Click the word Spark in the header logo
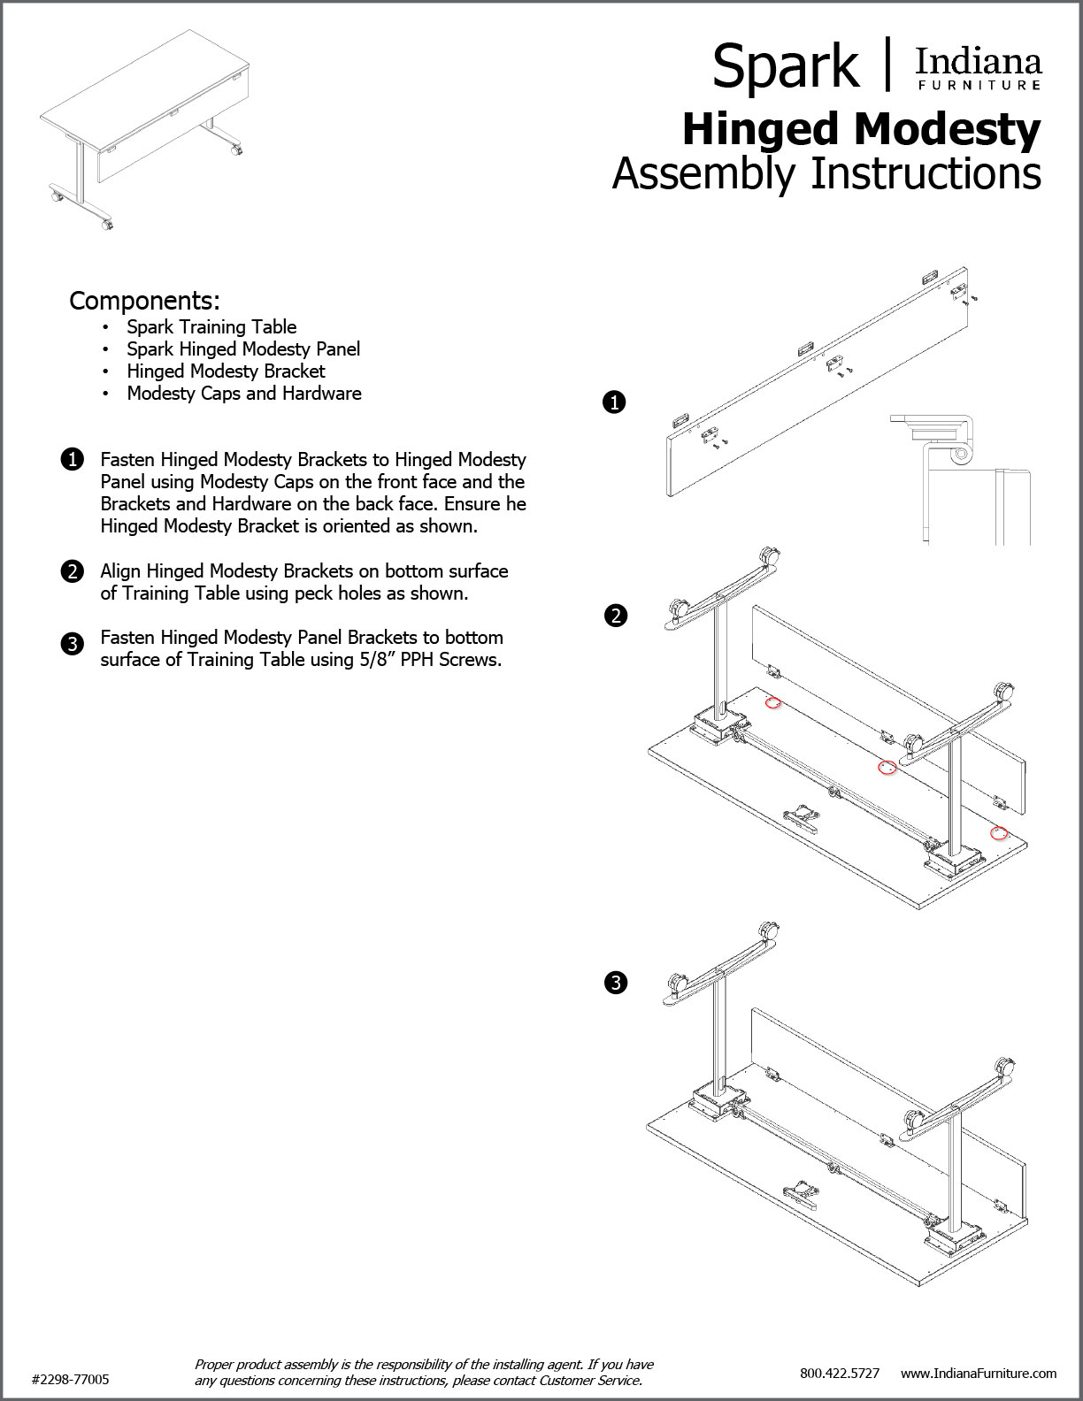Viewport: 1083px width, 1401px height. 785,67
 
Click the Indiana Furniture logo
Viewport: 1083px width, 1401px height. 979,68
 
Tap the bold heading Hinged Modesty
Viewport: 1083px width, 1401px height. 862,130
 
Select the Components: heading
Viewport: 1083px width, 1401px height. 144,301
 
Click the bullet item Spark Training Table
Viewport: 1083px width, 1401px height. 211,327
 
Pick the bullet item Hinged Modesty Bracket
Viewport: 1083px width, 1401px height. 226,371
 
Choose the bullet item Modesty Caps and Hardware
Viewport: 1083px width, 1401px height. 244,394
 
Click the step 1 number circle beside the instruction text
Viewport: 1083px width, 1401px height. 73,460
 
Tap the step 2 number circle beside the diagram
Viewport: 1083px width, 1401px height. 616,615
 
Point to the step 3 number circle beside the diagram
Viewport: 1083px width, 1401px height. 616,983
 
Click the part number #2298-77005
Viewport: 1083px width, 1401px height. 70,1379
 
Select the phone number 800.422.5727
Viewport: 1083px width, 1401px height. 840,1374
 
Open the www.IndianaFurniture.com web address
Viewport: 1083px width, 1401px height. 979,1374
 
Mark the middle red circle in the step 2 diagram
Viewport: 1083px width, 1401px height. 887,767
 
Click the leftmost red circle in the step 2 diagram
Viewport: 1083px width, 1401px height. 772,703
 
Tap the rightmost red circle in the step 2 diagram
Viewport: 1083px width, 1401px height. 999,834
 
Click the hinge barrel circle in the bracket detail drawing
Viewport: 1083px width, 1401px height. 961,454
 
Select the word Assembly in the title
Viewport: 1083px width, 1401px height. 703,174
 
